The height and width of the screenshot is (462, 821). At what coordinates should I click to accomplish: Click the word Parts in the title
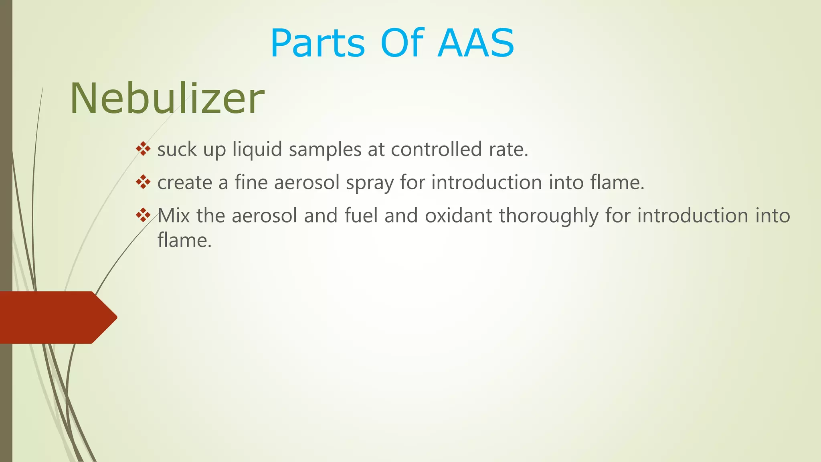coord(317,43)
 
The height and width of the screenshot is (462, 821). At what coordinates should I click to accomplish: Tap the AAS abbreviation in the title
coord(476,43)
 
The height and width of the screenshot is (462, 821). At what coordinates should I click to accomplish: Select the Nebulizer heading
coord(167,99)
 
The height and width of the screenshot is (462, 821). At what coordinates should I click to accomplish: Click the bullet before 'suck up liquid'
coord(143,149)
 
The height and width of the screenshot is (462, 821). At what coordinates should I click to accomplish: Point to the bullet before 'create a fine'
coord(143,182)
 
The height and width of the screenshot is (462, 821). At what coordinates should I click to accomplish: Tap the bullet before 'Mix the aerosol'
coord(143,216)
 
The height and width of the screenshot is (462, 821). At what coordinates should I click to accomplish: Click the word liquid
coord(257,149)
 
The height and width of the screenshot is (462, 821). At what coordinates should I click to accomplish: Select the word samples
coord(325,150)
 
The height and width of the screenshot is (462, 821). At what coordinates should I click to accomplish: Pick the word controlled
coord(436,149)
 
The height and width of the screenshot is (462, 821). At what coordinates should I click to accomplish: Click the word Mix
coord(173,216)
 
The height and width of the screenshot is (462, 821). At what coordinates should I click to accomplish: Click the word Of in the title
coord(402,43)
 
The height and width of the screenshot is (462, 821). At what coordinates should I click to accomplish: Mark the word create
coord(184,182)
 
